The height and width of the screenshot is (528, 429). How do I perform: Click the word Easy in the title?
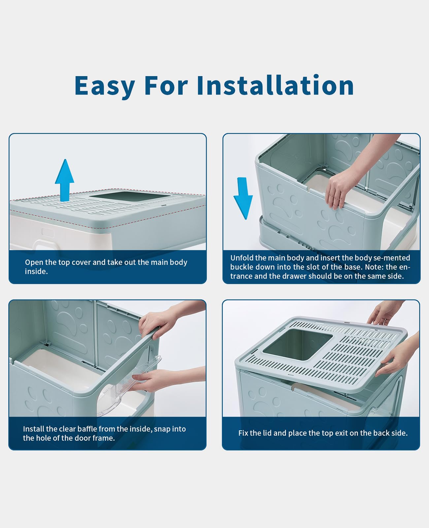point(105,86)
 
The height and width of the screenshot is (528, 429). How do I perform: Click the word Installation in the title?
point(275,86)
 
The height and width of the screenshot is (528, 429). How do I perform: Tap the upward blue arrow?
point(65,180)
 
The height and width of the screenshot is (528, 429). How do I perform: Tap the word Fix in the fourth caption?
point(243,433)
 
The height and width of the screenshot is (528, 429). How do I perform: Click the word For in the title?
point(166,86)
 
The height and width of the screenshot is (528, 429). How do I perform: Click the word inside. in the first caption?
point(36,271)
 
